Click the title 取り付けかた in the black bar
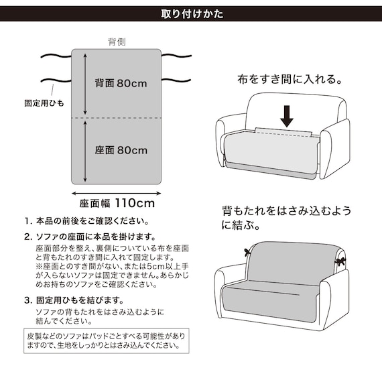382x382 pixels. [x=192, y=14]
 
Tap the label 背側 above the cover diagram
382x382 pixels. [x=117, y=42]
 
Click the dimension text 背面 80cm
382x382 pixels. [x=121, y=84]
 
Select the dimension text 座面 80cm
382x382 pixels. [x=121, y=150]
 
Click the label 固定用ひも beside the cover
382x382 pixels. [x=45, y=104]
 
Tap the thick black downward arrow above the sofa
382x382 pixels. [x=288, y=115]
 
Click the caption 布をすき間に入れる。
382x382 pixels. [x=290, y=79]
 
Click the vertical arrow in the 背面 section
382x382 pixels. [x=85, y=83]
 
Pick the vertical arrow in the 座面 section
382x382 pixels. [x=85, y=150]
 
